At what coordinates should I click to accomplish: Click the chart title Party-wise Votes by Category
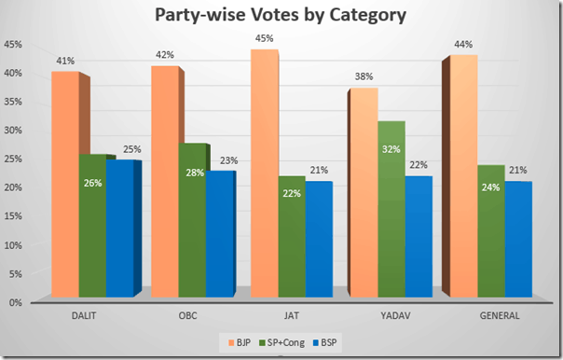pyautogui.click(x=281, y=17)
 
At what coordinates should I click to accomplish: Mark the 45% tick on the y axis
pyautogui.click(x=14, y=44)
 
